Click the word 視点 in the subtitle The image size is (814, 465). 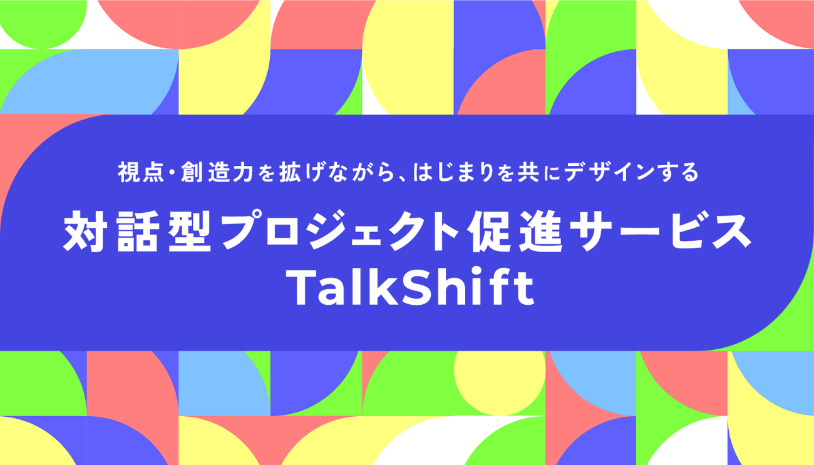[141, 172]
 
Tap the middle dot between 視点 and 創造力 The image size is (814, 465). [173, 172]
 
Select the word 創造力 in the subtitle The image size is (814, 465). [217, 172]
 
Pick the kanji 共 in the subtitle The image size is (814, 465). [528, 172]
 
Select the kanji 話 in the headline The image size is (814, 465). [137, 231]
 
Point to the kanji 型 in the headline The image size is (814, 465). [189, 231]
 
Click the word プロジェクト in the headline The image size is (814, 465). [339, 230]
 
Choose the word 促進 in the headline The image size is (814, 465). [515, 231]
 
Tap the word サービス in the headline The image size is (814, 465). [661, 231]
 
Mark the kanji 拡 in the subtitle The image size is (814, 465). [290, 172]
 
